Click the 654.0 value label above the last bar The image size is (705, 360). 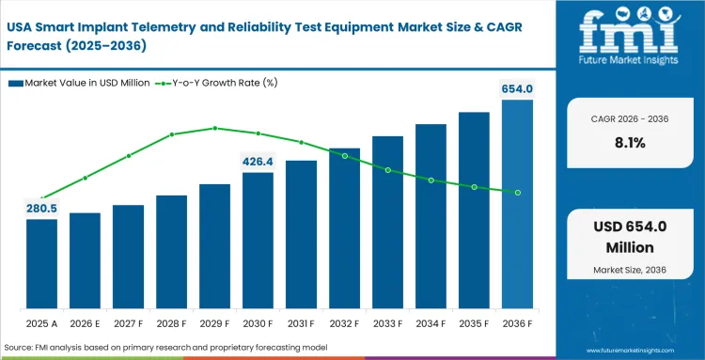(x=517, y=88)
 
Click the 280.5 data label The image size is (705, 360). (x=41, y=208)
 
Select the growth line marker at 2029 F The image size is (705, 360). (x=214, y=128)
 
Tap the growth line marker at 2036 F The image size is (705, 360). (x=517, y=192)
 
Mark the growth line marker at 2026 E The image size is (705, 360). (x=85, y=178)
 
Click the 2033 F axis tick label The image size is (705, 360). (x=387, y=323)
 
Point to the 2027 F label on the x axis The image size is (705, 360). (x=128, y=323)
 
